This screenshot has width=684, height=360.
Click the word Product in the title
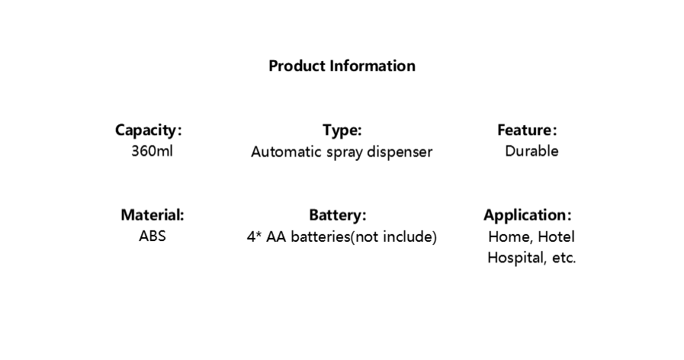pyautogui.click(x=297, y=66)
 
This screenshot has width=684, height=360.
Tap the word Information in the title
pyautogui.click(x=373, y=66)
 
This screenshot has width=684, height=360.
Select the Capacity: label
pyautogui.click(x=149, y=130)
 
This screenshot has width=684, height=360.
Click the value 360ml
pyautogui.click(x=153, y=151)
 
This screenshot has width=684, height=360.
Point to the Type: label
pyautogui.click(x=342, y=130)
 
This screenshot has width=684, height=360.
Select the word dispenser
pyautogui.click(x=400, y=152)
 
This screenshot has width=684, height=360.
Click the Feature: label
pyautogui.click(x=528, y=130)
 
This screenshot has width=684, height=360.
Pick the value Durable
pyautogui.click(x=531, y=151)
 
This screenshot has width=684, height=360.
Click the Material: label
pyautogui.click(x=153, y=214)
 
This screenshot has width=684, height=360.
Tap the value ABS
pyautogui.click(x=153, y=236)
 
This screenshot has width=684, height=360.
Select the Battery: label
pyautogui.click(x=338, y=214)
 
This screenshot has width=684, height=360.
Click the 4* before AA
pyautogui.click(x=255, y=236)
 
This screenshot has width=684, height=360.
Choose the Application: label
pyautogui.click(x=528, y=215)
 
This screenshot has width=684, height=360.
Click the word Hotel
pyautogui.click(x=556, y=236)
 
